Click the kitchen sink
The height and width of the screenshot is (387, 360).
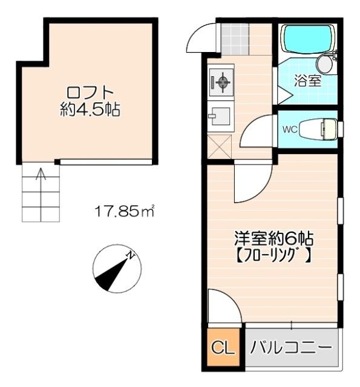pyautogui.click(x=219, y=115)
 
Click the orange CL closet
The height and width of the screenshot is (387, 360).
pyautogui.click(x=222, y=349)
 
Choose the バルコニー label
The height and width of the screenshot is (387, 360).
pyautogui.click(x=291, y=348)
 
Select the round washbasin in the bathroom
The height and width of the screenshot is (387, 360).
pyautogui.click(x=326, y=62)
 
